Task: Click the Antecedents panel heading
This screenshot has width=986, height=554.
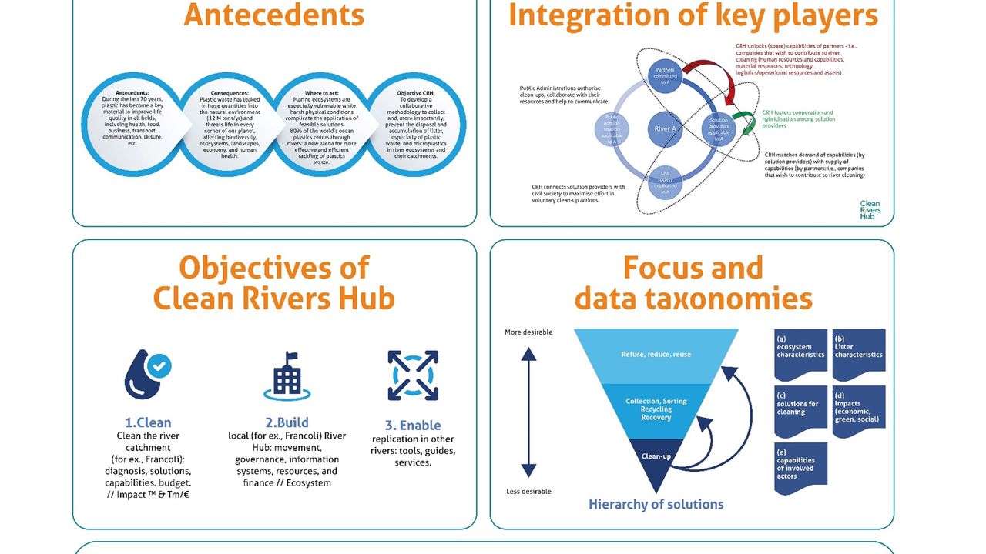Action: tap(273, 15)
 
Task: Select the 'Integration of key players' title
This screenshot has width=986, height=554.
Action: tap(693, 15)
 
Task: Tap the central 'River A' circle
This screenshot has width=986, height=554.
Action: tap(665, 128)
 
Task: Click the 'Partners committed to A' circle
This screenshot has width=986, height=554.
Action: tap(665, 76)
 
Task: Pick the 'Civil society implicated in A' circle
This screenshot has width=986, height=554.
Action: tap(665, 182)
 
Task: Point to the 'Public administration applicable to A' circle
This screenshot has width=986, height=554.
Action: tap(612, 129)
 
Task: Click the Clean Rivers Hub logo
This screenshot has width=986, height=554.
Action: tap(870, 210)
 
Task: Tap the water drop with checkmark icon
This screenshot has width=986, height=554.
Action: tap(148, 374)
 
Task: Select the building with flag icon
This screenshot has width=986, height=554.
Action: tap(287, 376)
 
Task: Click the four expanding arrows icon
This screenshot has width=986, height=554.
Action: tap(413, 375)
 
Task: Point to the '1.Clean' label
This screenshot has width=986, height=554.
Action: tap(148, 422)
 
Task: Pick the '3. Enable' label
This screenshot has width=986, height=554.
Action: tap(413, 425)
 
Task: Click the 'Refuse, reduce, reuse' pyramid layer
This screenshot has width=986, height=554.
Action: tap(656, 355)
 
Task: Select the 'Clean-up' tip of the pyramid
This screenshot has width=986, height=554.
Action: tap(656, 457)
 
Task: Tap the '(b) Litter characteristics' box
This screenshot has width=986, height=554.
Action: tap(859, 353)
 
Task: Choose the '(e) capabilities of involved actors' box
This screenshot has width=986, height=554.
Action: tap(800, 467)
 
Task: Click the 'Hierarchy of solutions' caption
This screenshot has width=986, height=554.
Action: tap(656, 505)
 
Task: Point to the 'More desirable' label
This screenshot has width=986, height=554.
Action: tap(528, 332)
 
